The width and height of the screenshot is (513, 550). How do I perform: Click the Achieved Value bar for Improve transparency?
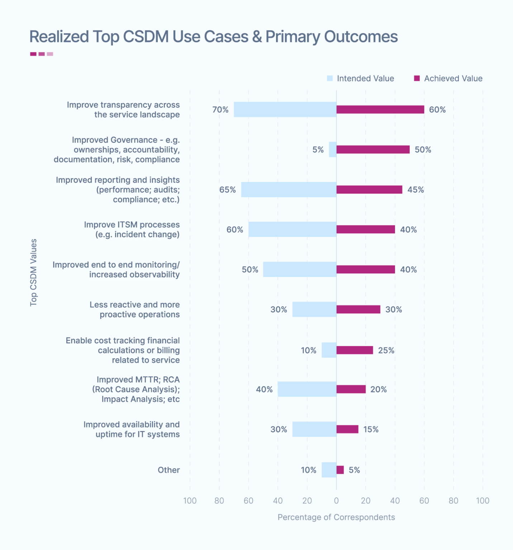(x=380, y=110)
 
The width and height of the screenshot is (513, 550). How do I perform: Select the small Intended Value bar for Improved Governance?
(x=333, y=150)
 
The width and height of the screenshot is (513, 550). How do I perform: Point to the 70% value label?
(x=220, y=110)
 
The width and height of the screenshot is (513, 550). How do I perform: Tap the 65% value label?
(x=228, y=189)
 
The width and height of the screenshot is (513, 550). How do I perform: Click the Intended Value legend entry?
(x=361, y=78)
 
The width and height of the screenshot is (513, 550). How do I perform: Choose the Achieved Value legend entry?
(x=448, y=78)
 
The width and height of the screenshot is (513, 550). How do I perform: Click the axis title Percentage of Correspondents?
(x=336, y=517)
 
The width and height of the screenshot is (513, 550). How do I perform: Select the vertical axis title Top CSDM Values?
(x=33, y=272)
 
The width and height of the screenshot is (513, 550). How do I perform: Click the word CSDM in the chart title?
(x=146, y=37)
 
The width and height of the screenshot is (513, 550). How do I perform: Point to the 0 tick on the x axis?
(x=336, y=501)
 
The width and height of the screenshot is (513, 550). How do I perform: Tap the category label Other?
(x=168, y=470)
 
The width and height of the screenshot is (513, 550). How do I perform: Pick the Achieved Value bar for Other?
(x=340, y=470)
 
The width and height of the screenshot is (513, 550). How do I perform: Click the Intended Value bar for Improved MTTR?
(x=307, y=389)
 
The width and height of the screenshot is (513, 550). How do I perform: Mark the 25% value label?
(x=386, y=350)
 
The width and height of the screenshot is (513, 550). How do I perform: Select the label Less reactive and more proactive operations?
(x=134, y=309)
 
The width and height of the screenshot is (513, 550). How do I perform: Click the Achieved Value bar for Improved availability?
(x=347, y=429)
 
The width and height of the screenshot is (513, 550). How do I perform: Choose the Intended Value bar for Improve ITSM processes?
(x=292, y=230)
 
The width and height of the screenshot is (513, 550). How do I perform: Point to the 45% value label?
(x=415, y=189)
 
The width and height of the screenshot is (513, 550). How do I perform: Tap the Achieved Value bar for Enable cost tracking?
(x=355, y=350)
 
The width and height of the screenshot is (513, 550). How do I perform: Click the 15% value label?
(x=371, y=429)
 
